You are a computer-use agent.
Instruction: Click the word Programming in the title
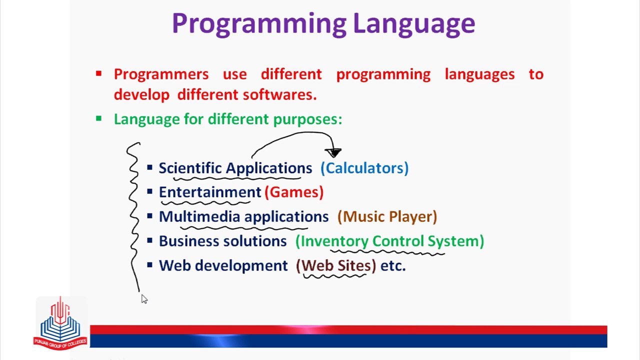click(x=258, y=23)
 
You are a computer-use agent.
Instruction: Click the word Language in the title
click(x=413, y=23)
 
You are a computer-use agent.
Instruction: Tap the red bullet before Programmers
click(x=98, y=74)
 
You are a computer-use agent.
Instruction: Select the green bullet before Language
click(x=98, y=119)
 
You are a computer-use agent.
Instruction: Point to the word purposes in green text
click(x=307, y=119)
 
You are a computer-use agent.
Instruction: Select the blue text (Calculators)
click(x=364, y=168)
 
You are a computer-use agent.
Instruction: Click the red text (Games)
click(x=294, y=192)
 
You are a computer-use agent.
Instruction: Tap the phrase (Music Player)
click(x=387, y=216)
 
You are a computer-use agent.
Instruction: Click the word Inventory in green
click(x=334, y=241)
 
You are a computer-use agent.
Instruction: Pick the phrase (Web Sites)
click(x=336, y=265)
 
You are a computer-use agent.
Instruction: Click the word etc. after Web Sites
click(x=393, y=265)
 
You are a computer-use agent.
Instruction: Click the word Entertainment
click(x=210, y=192)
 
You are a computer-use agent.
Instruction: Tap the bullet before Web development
click(x=150, y=265)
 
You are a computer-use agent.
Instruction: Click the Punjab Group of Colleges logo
click(x=60, y=323)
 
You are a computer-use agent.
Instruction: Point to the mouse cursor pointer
click(x=143, y=298)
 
